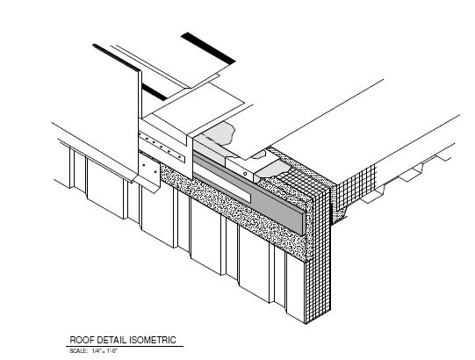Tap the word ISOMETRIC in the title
153,340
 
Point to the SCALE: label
78,351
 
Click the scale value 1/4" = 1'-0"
104,351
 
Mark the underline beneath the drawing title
125,346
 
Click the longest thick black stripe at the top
208,48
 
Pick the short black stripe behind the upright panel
155,92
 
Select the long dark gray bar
248,193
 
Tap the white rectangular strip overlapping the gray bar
222,187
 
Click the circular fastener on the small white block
245,174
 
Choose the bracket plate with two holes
149,169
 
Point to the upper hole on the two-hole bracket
144,165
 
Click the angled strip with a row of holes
162,148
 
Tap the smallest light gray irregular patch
258,155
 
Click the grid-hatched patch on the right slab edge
356,185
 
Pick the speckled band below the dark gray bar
234,212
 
